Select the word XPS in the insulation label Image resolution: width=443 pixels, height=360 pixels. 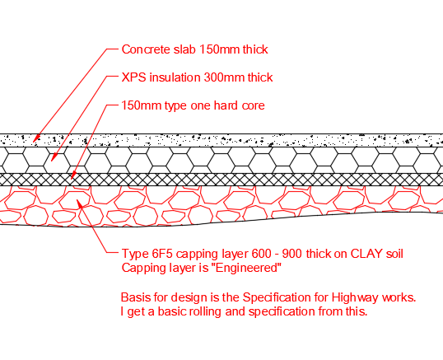point(134,77)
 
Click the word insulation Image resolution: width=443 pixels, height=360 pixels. point(175,77)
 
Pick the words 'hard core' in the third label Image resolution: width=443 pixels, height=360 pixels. point(239,105)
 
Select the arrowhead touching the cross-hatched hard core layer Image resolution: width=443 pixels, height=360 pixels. point(73,175)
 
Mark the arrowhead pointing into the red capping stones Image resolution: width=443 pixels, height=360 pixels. point(79,203)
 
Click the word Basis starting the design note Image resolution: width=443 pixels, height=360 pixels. point(136,297)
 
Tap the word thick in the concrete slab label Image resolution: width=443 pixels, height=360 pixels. point(255,49)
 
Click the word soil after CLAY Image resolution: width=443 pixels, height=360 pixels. point(394,254)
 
